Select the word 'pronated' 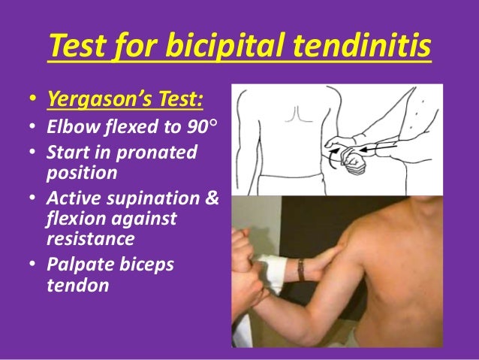coord(165,153)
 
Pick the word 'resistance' coord(92,240)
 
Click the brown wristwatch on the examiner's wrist coord(300,269)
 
